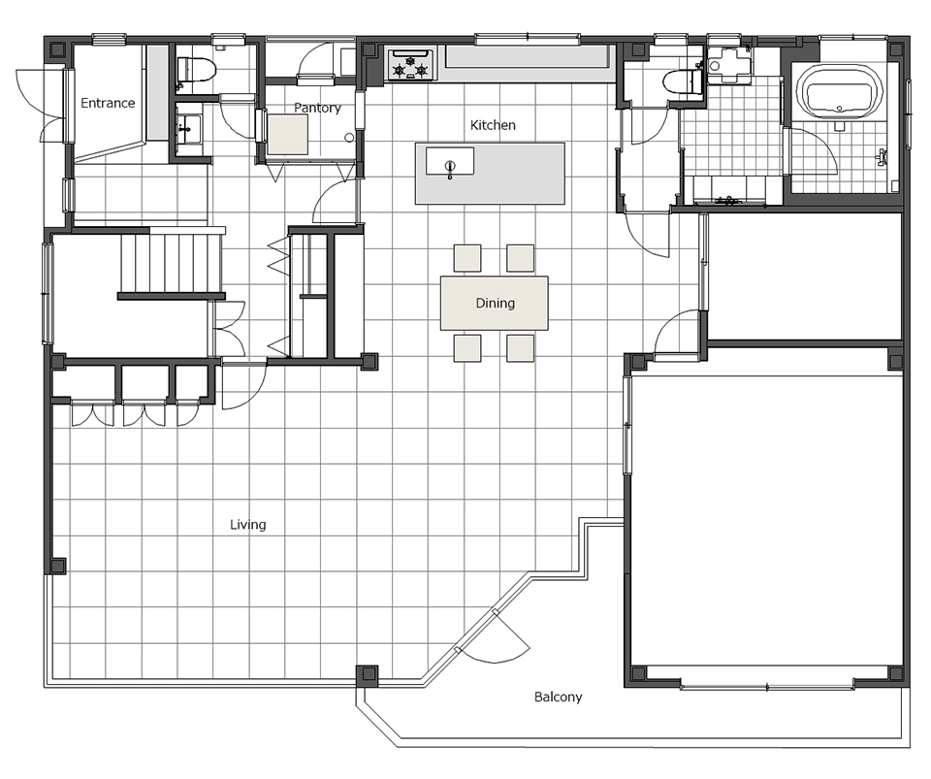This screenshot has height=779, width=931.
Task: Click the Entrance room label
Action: click(x=108, y=103)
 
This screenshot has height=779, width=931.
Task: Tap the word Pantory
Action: click(x=317, y=108)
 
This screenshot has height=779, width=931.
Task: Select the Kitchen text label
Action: click(x=493, y=125)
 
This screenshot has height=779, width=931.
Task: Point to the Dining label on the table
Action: click(x=496, y=303)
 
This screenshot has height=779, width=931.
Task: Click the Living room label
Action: click(x=247, y=524)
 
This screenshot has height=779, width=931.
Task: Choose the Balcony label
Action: click(x=559, y=697)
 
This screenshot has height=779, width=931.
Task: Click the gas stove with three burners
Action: click(x=411, y=65)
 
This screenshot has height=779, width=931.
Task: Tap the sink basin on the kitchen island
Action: click(x=449, y=161)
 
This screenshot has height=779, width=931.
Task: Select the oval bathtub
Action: click(x=838, y=91)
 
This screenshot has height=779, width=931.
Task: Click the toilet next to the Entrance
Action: click(x=195, y=71)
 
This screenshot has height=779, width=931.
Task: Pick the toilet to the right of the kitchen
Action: click(x=683, y=81)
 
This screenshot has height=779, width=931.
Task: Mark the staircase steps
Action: click(x=172, y=264)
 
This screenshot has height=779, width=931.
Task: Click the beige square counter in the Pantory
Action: click(x=287, y=134)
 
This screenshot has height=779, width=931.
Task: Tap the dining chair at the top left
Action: click(x=467, y=258)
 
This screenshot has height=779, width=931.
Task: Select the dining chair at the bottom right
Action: click(x=520, y=348)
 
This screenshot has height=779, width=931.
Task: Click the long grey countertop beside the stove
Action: click(x=528, y=57)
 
